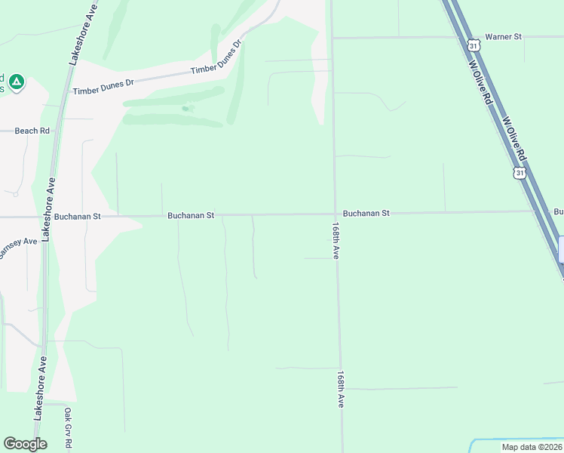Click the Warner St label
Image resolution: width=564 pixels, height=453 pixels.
503,36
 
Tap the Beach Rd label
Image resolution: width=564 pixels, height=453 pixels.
32,131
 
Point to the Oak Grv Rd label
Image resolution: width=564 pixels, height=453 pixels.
68,429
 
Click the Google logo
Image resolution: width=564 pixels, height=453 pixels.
25,443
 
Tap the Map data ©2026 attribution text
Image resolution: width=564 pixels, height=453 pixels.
531,447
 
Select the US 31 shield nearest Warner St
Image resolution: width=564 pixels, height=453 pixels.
473,45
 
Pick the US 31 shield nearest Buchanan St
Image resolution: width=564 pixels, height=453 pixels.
519,174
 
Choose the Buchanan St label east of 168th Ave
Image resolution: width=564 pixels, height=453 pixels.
366,214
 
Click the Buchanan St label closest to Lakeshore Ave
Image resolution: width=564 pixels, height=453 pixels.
78,216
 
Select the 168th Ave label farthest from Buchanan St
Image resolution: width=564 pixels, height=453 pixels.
342,389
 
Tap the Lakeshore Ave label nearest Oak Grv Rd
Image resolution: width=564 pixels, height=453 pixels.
39,387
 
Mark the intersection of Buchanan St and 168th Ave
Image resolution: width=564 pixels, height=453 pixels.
335,214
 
